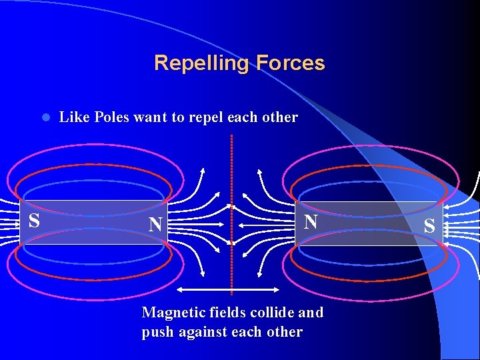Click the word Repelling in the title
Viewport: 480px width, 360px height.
point(198,63)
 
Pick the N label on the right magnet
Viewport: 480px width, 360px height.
point(311,221)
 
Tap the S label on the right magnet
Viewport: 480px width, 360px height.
point(429,226)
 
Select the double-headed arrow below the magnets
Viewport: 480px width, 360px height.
point(229,290)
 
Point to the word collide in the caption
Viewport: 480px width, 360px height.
point(272,312)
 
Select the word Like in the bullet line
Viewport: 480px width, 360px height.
point(74,117)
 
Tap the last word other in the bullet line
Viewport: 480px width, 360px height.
point(280,117)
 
